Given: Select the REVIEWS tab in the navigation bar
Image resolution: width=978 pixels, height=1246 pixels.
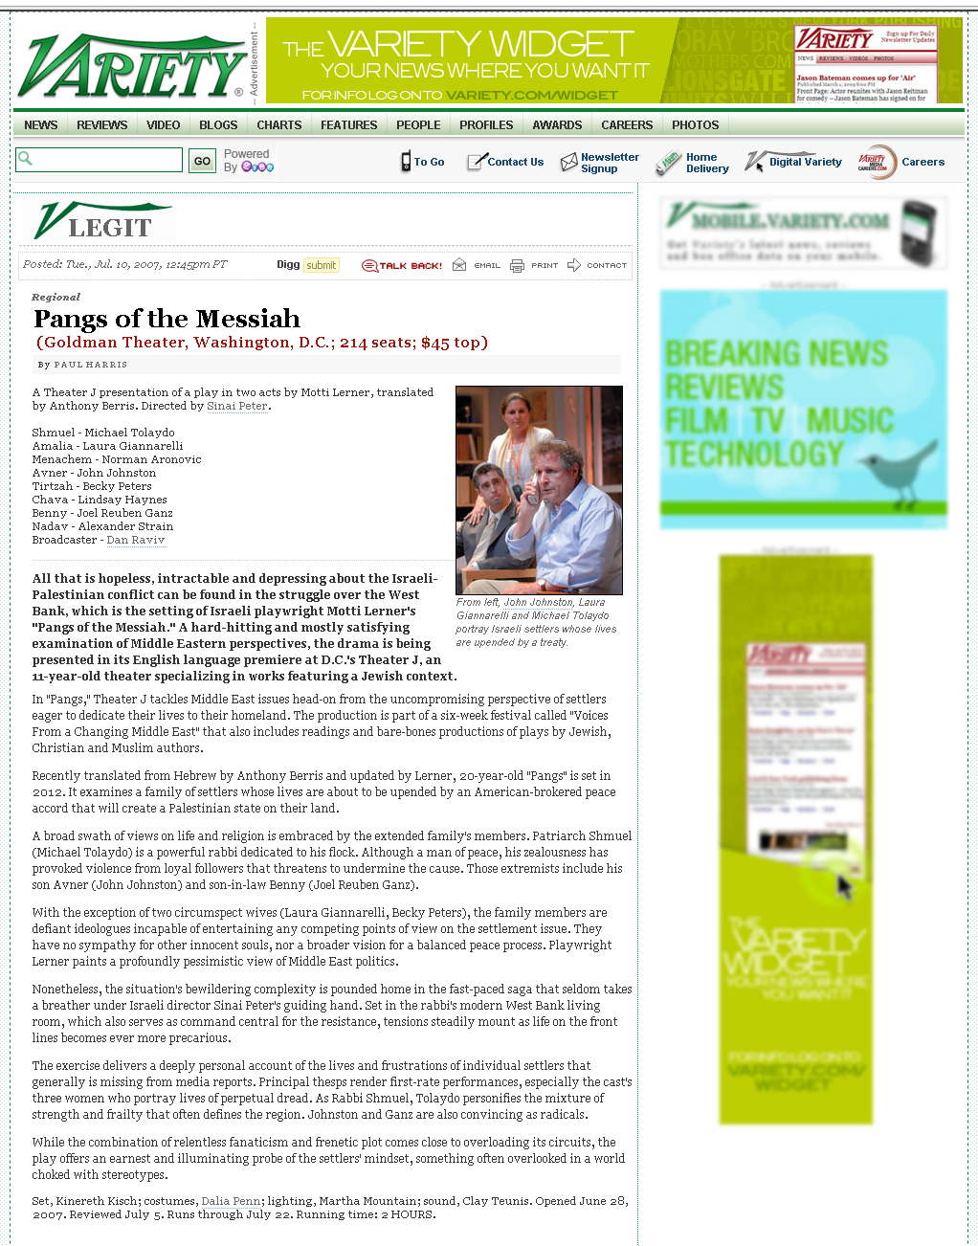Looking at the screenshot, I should [x=101, y=125].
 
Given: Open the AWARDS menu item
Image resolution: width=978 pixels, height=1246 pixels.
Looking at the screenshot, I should [x=557, y=125].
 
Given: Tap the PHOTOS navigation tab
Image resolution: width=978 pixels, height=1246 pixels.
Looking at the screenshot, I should [x=695, y=125].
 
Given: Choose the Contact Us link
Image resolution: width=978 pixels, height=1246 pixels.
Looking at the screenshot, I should [x=515, y=163].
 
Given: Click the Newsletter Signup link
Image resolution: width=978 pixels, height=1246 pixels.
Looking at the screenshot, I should [x=609, y=163].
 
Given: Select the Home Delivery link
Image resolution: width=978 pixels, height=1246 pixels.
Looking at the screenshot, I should [x=706, y=163].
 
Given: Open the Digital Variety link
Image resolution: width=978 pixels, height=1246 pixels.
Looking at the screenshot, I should [x=805, y=163].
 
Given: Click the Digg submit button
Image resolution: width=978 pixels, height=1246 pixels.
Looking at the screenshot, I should [x=321, y=265].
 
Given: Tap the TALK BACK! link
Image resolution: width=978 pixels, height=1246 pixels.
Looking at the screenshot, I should [x=410, y=266].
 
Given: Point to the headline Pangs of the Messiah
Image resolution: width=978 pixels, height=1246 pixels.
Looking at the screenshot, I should [x=167, y=319].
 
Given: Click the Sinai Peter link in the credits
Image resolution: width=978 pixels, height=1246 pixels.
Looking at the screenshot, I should [x=237, y=406].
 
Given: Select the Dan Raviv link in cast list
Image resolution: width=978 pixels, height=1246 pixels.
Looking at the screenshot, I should [x=136, y=540].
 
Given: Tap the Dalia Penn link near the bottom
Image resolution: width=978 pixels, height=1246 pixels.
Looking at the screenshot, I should [x=231, y=1201].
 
